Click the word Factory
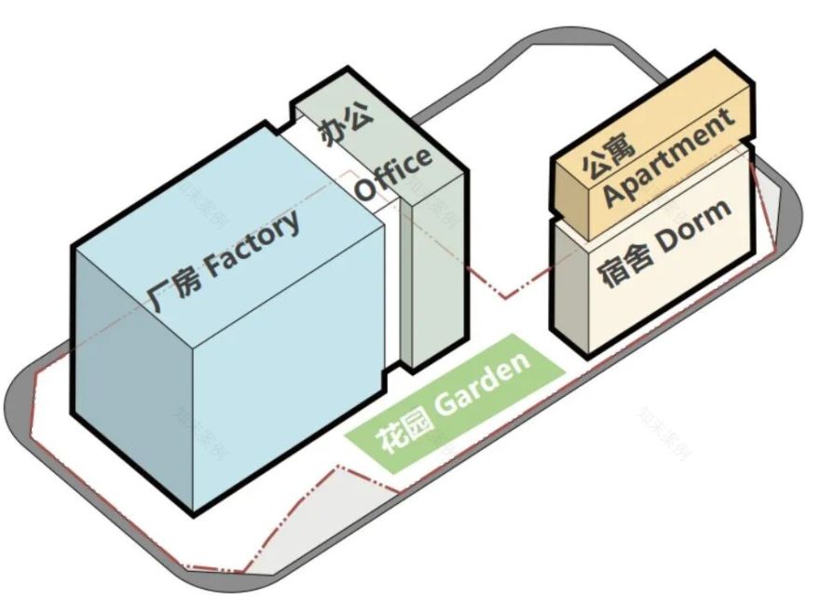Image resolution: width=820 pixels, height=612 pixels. (253, 244)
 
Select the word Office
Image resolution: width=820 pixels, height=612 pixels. (394, 174)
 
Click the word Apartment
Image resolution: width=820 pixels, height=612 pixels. (669, 156)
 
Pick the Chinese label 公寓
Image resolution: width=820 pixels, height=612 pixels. (608, 157)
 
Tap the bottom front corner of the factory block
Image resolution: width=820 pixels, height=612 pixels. (194, 515)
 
